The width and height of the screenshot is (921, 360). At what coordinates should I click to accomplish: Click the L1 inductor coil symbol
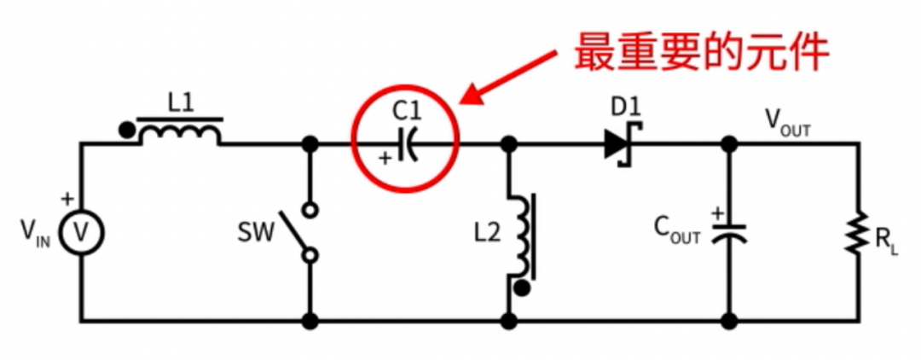coord(180,131)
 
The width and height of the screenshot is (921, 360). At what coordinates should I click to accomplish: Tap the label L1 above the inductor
coord(181,104)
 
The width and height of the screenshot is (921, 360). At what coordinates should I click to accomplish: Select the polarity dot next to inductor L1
coord(125,129)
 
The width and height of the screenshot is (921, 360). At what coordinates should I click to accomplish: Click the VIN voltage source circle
coord(82,233)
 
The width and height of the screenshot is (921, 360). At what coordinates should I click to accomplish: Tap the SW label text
coord(256,233)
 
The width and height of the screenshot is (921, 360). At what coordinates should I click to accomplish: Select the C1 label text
coord(408,112)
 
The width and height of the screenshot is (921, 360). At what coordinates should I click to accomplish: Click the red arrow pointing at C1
coord(508,78)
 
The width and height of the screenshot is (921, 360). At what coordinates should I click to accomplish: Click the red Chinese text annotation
coord(701,52)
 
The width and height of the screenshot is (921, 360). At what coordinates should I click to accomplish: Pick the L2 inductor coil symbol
coord(524,235)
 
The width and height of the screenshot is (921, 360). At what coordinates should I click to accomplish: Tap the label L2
coord(488,234)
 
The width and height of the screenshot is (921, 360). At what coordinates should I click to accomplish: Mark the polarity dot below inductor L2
coord(524,288)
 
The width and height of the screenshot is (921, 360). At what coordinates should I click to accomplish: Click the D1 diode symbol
coord(622,142)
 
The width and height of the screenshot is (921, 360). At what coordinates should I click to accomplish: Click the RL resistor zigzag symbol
coord(858,232)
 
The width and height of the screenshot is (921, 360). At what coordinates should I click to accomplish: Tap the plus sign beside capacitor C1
coord(385,158)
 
